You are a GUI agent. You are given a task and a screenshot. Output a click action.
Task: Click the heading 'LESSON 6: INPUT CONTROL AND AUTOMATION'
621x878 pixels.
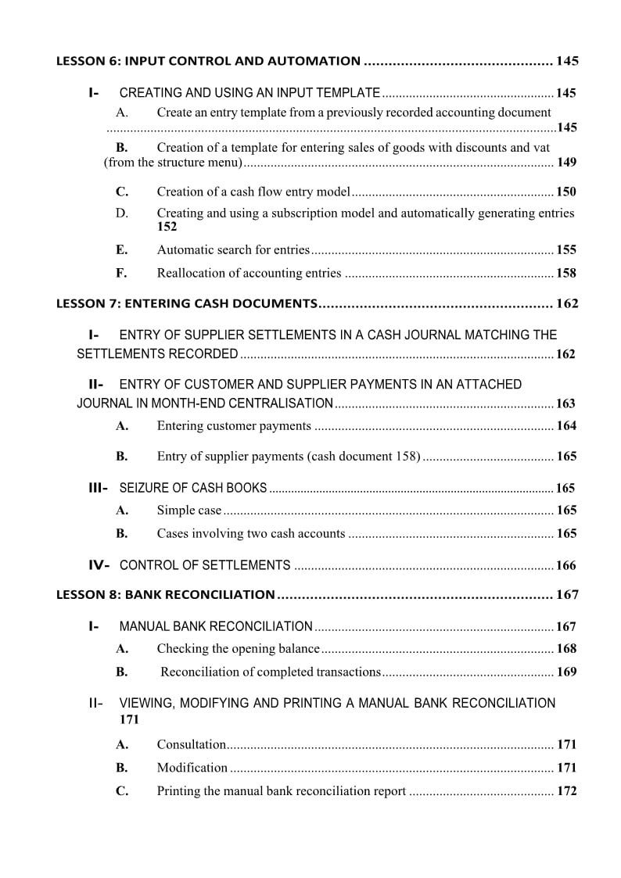coord(208,61)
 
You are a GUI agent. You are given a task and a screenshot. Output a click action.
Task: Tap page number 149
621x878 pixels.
coord(566,163)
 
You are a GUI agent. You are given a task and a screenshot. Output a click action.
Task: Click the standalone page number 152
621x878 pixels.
coord(167,227)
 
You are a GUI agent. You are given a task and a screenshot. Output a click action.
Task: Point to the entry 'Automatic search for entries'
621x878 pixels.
coord(233,250)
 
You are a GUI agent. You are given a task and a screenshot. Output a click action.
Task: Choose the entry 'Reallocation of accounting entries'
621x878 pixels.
coord(249,273)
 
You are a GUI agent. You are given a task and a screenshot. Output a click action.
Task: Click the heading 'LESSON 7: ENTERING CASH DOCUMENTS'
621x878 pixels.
coord(186,303)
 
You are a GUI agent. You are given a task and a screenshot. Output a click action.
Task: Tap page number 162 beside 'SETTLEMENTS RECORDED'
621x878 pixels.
coord(565,354)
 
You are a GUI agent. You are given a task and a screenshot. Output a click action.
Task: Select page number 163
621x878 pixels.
coord(565,404)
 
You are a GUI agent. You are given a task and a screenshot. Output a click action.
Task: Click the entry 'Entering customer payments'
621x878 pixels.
coord(234,426)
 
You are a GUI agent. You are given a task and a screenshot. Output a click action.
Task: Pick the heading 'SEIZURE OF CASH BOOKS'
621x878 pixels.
coord(192,489)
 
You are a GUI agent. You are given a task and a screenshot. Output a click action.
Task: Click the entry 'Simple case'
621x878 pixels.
coord(189,511)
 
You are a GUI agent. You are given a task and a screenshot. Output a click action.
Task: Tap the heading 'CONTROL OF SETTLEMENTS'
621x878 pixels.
coord(205,565)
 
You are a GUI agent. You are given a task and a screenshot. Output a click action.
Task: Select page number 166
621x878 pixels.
coord(565,566)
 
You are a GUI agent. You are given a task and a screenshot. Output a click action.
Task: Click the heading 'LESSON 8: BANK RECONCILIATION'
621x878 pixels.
coord(165,595)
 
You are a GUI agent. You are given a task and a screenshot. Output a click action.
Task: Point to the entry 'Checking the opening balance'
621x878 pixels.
coord(238,649)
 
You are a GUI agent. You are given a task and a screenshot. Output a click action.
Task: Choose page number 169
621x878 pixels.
coord(566,672)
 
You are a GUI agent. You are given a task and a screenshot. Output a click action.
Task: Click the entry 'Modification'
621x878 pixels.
coord(192,768)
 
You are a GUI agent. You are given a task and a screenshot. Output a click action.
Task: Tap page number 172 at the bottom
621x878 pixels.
coord(566,791)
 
